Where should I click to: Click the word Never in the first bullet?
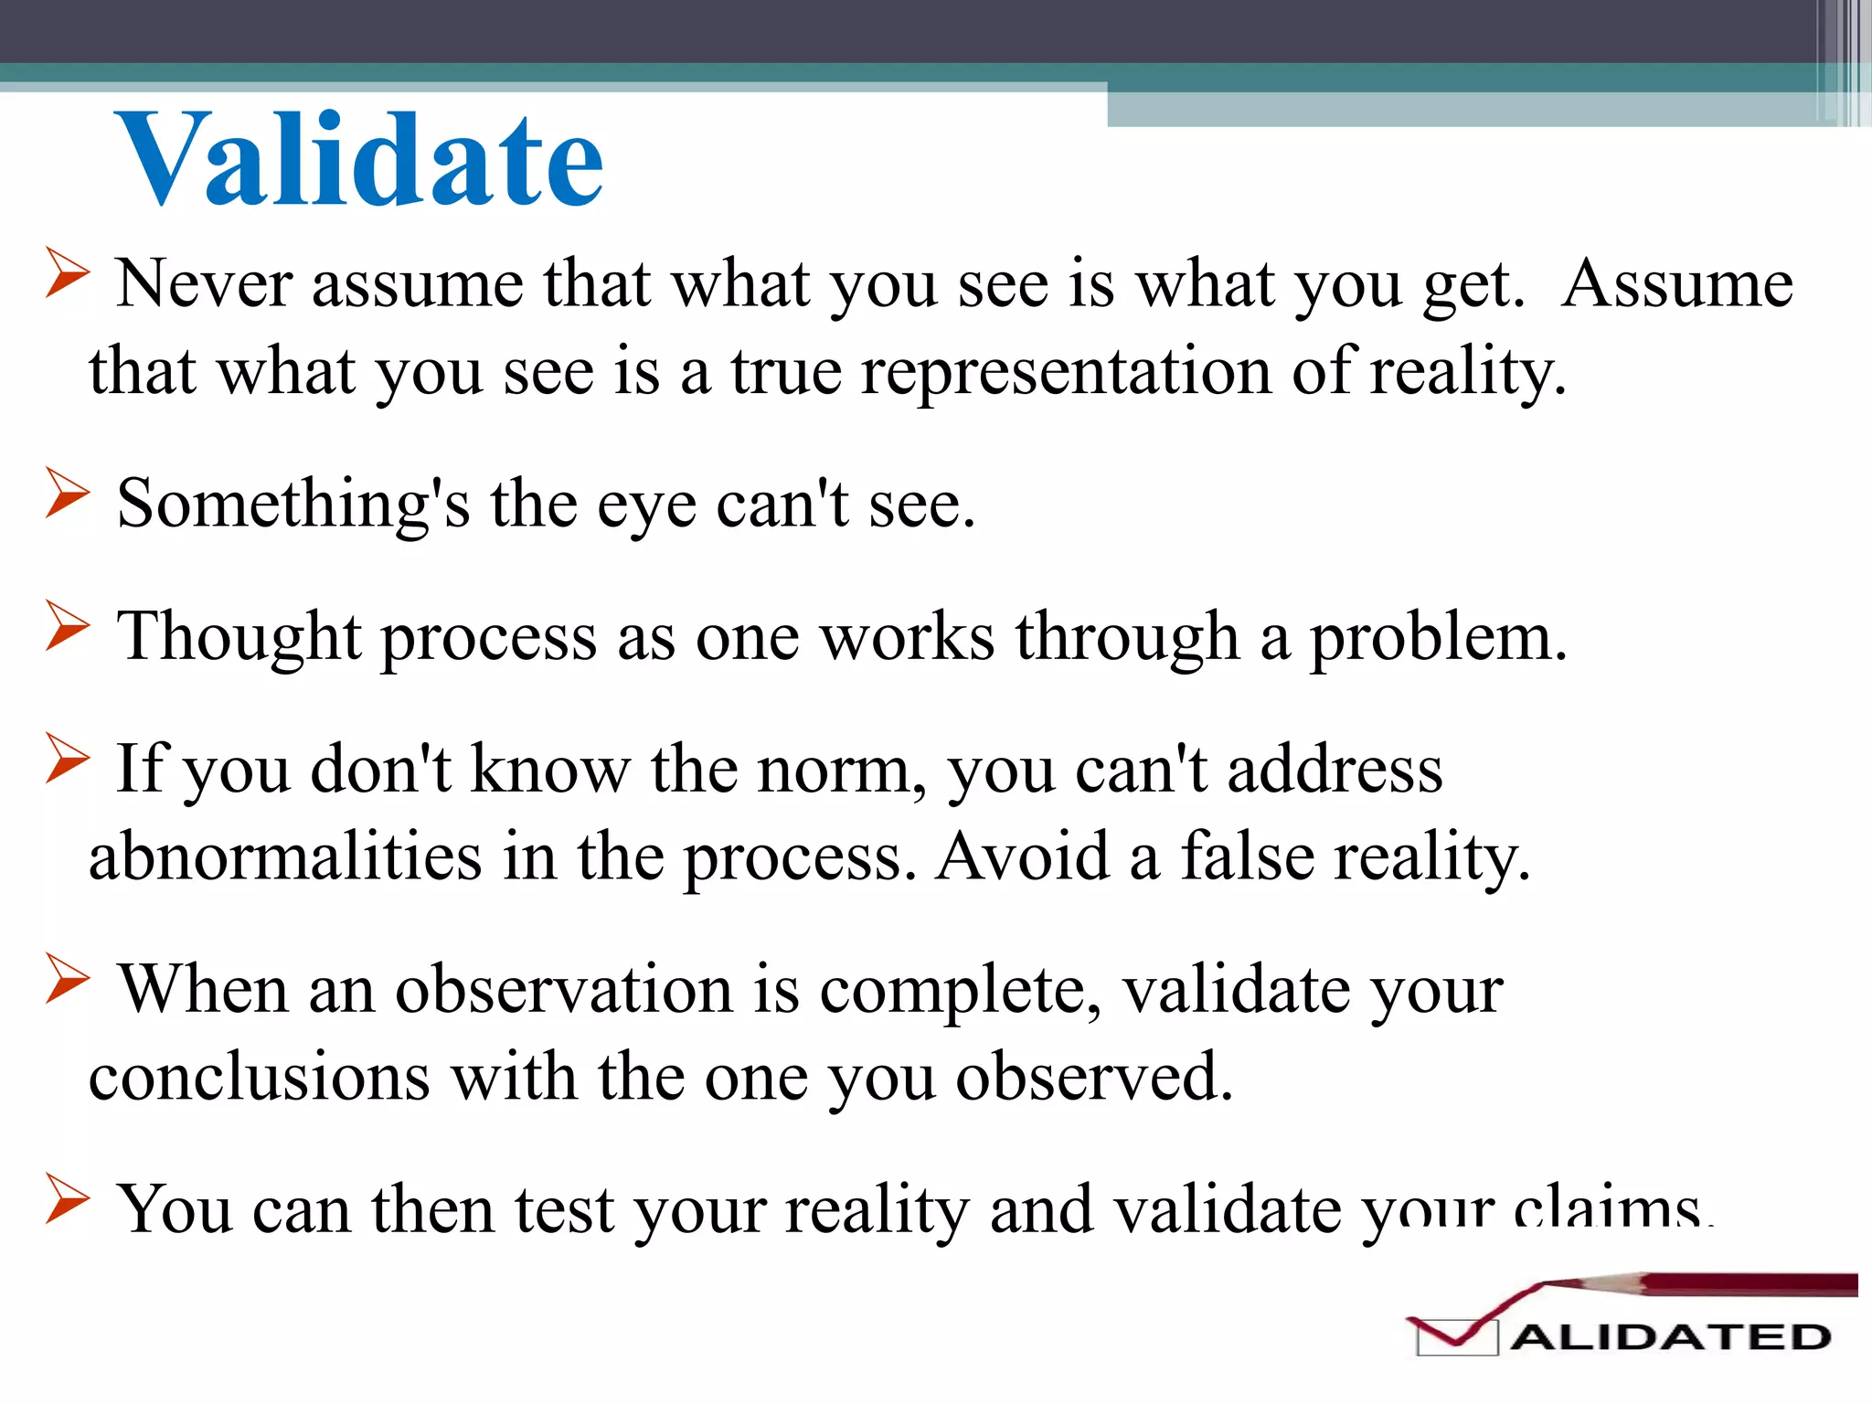pyautogui.click(x=204, y=284)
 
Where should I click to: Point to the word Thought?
pyautogui.click(x=239, y=637)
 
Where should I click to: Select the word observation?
pyautogui.click(x=564, y=990)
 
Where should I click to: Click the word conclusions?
pyautogui.click(x=259, y=1077)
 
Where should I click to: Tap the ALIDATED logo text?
pyautogui.click(x=1669, y=1337)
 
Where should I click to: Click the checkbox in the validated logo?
pyautogui.click(x=1455, y=1337)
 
